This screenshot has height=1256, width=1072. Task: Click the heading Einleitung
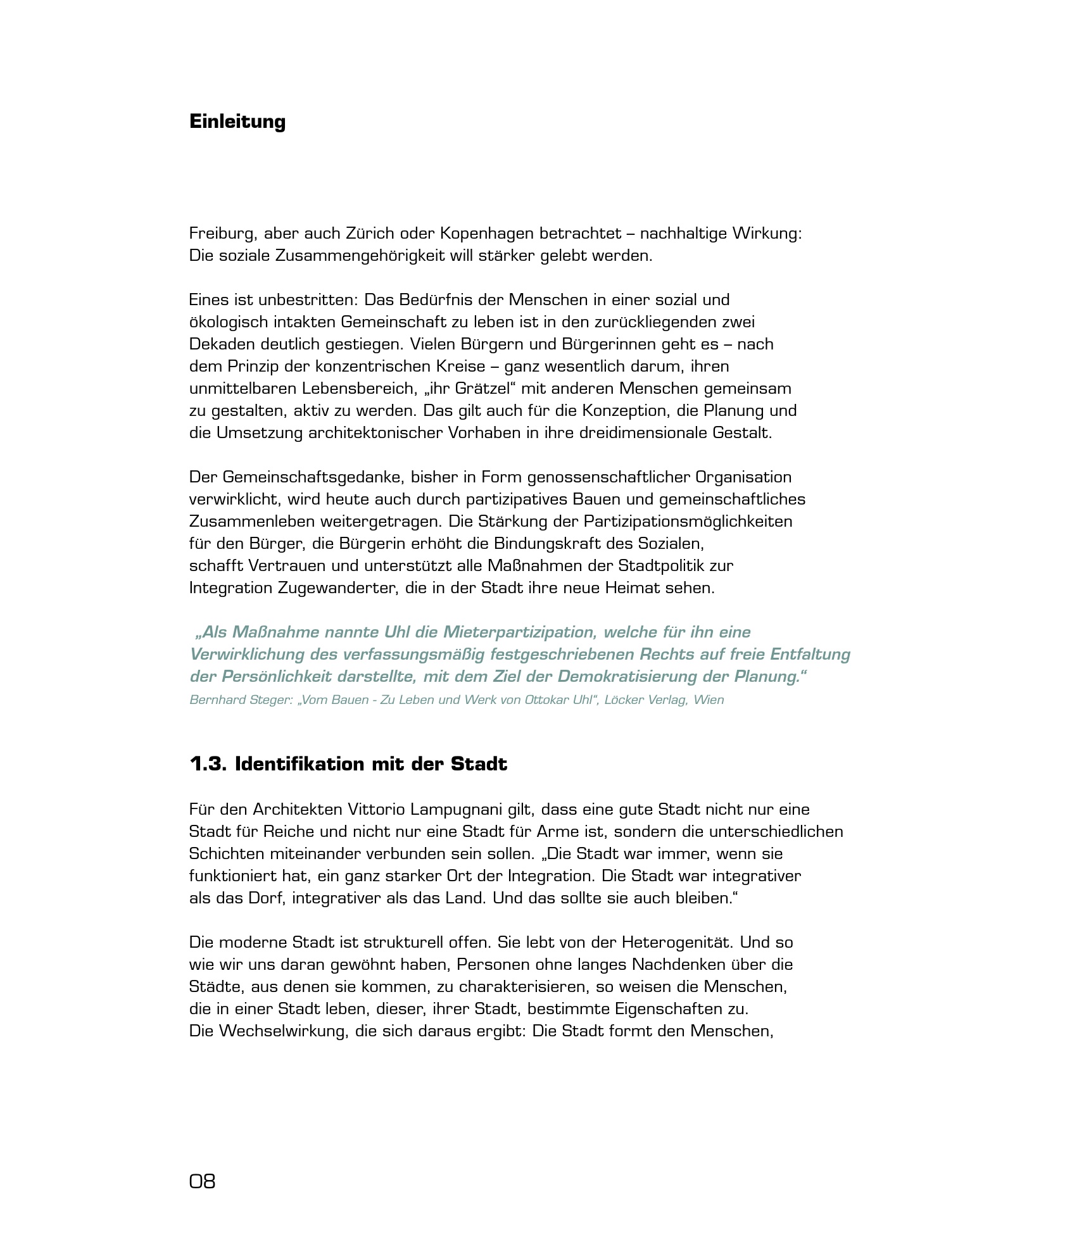coord(237,122)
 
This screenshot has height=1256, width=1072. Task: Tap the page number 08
coord(203,1181)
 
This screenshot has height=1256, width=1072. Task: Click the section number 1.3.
coord(208,764)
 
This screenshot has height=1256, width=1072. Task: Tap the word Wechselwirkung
coord(282,1031)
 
